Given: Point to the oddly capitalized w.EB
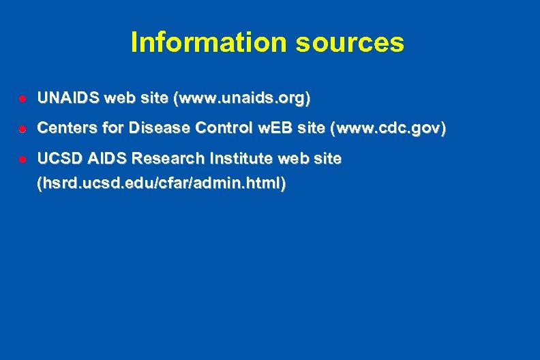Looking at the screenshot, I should click(x=268, y=128).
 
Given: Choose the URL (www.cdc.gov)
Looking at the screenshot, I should click(x=388, y=128).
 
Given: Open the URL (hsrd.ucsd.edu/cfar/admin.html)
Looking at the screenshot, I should click(x=162, y=183).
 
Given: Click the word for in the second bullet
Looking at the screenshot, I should click(x=110, y=128).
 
